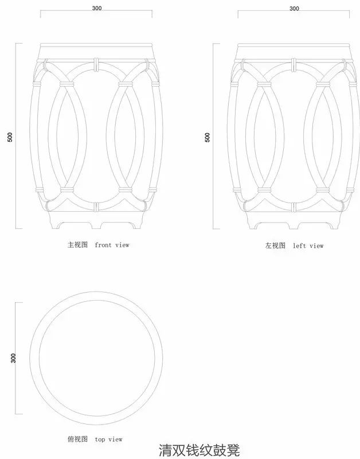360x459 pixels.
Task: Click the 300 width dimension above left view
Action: pyautogui.click(x=294, y=9)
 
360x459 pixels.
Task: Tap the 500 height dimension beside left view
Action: pyautogui.click(x=208, y=137)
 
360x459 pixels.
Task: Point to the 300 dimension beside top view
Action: pyautogui.click(x=13, y=358)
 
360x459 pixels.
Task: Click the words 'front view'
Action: pyautogui.click(x=112, y=245)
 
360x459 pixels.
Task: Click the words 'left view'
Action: pyautogui.click(x=308, y=246)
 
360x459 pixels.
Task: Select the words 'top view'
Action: pyautogui.click(x=109, y=439)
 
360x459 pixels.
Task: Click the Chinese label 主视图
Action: pyautogui.click(x=77, y=245)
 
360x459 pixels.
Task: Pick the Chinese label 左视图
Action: pyautogui.click(x=275, y=246)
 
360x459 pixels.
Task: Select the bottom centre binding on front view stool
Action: pyautogui.click(x=97, y=207)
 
